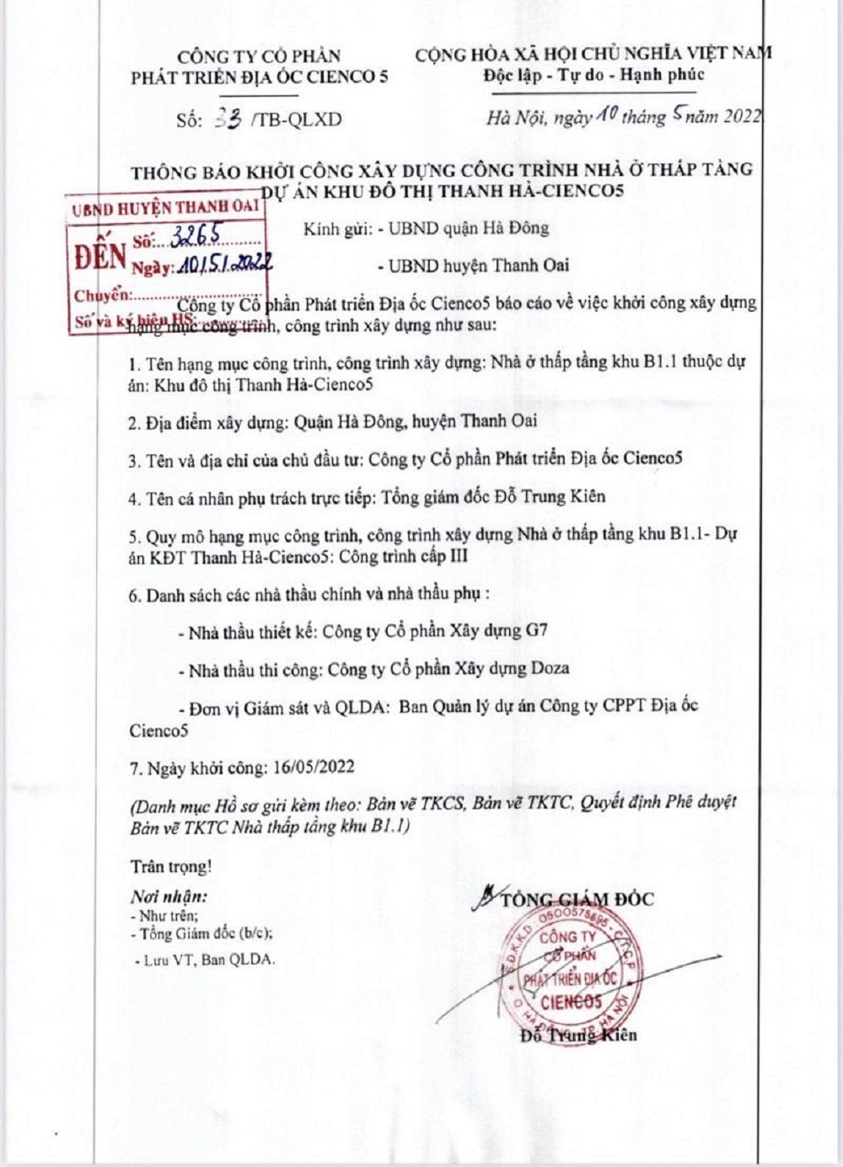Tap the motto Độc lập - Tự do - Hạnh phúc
593,75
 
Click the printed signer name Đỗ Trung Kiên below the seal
578,1036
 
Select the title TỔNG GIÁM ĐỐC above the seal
577,899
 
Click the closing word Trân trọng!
171,866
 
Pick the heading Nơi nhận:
168,897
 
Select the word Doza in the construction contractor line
550,669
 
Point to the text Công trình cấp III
415,556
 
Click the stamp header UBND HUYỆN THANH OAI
164,207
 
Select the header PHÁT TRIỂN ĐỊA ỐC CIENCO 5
259,78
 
